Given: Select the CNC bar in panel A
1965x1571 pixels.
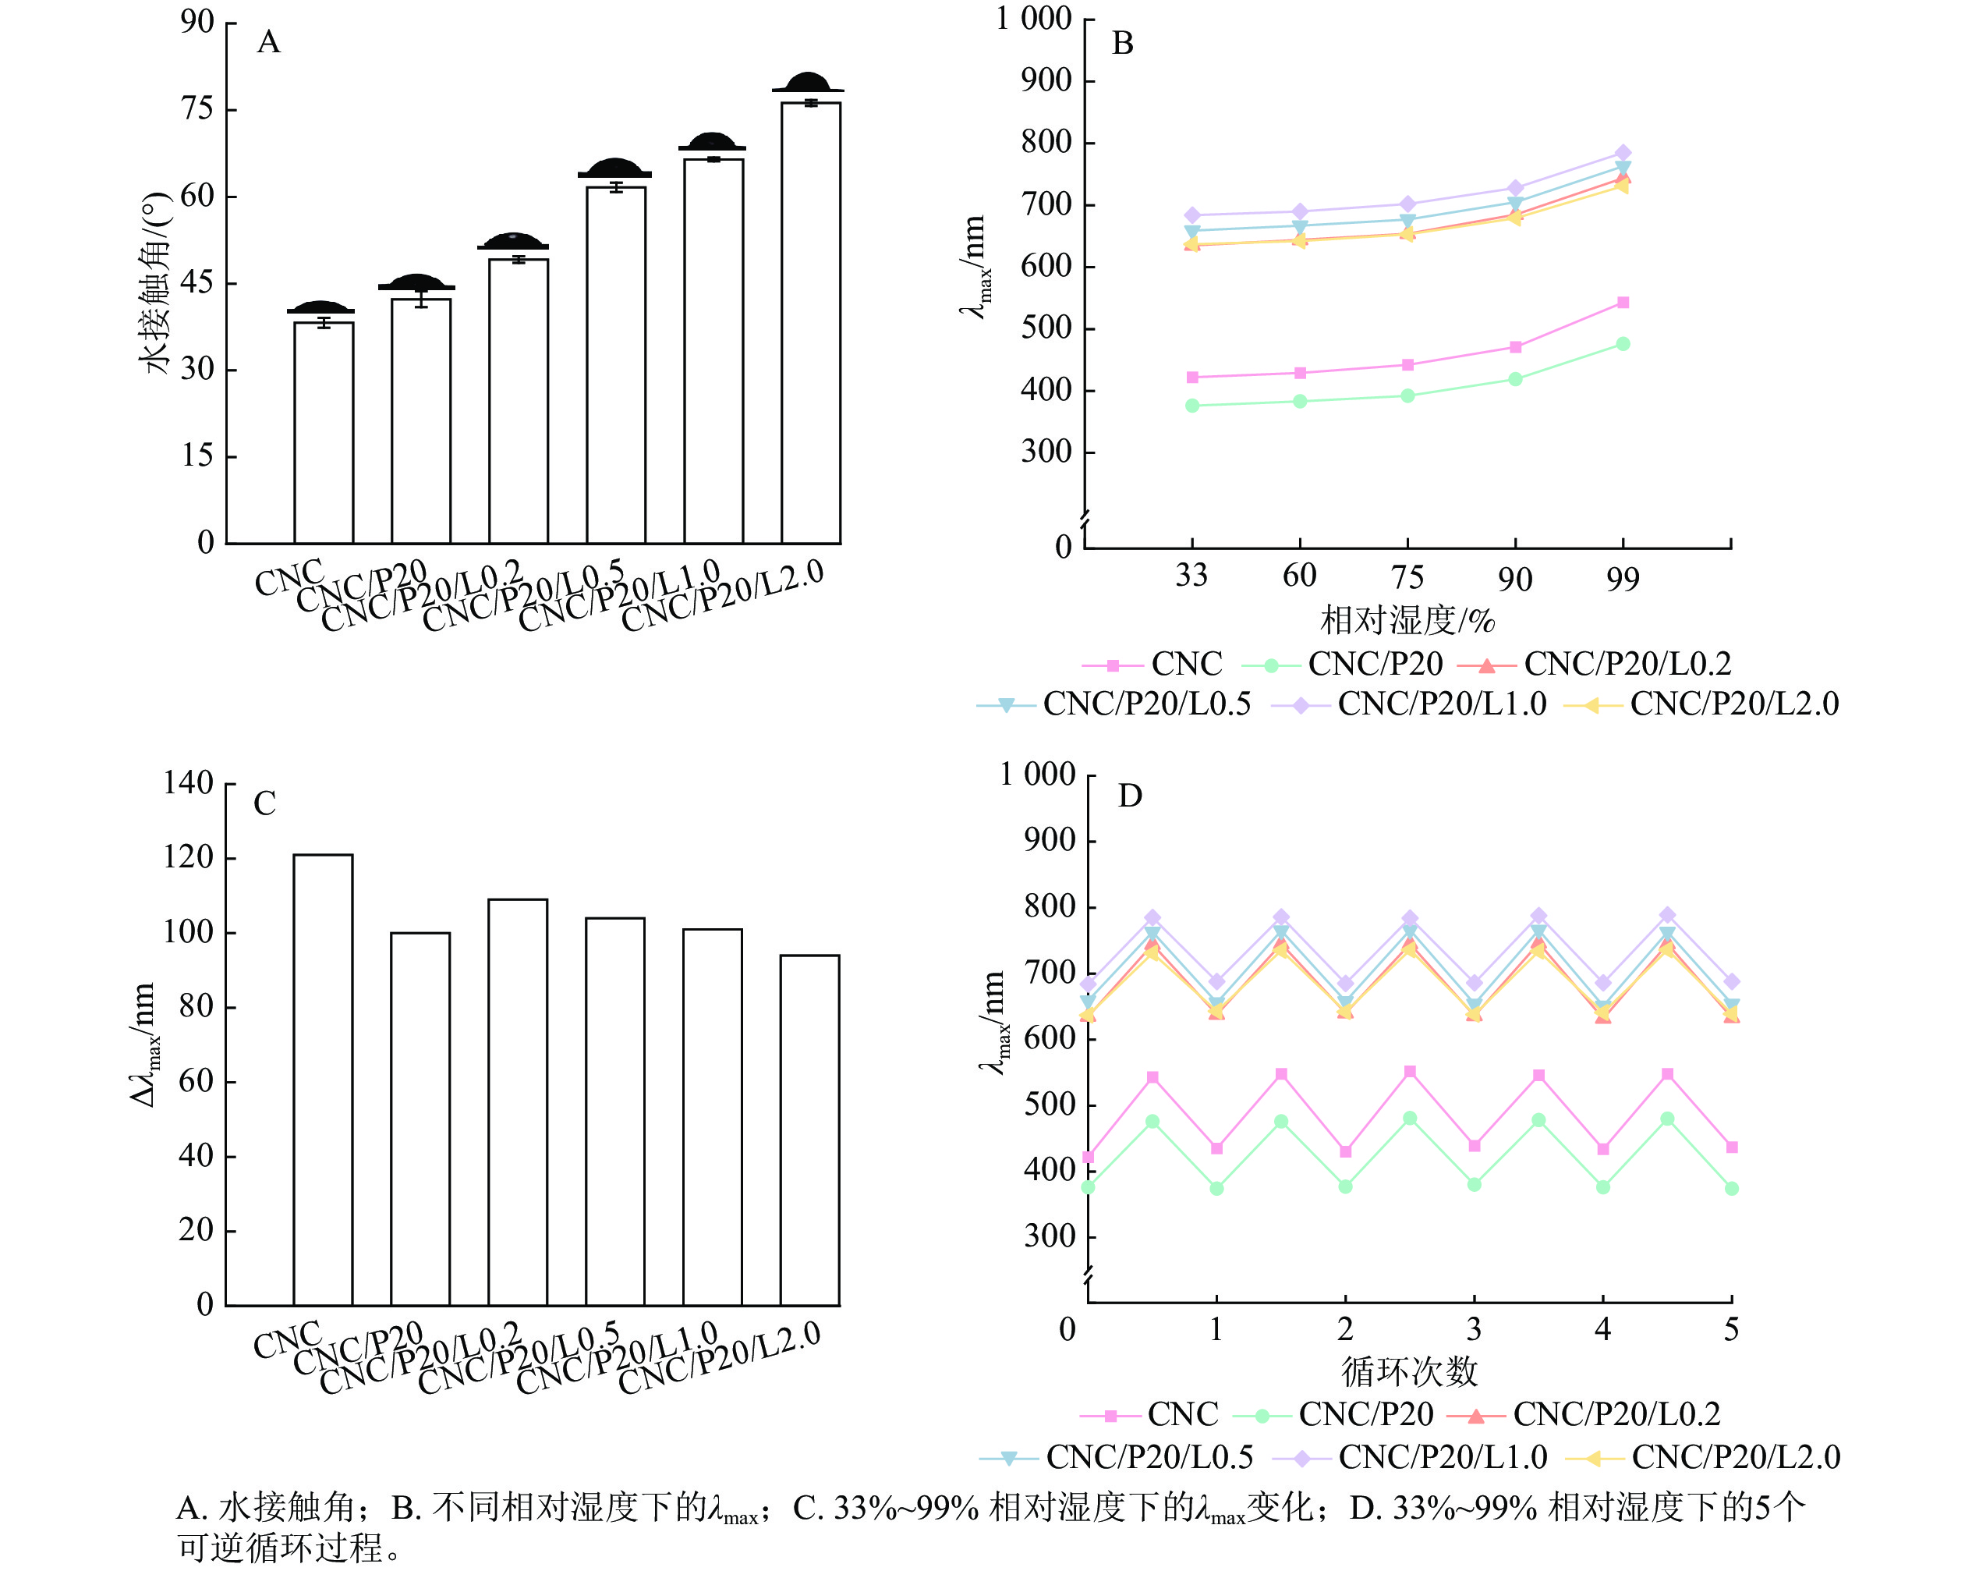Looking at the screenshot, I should [324, 432].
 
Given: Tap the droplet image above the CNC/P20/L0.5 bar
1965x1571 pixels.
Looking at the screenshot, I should [615, 168].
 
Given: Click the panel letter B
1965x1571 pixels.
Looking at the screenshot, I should [1122, 43].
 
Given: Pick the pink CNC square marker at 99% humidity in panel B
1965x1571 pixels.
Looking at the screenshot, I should [1623, 303].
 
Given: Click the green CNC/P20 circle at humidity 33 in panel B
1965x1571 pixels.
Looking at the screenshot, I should [1192, 406].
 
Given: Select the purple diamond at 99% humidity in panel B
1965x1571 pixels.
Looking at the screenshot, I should [1623, 153].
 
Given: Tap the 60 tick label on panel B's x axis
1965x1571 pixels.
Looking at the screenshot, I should [1299, 576].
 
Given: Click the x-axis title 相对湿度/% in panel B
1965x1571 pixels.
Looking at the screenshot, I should [1407, 621].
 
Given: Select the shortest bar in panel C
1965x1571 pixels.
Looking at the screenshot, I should [809, 1129].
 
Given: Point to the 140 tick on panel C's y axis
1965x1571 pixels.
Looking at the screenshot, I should [188, 783].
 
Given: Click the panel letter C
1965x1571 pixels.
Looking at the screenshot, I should [264, 804].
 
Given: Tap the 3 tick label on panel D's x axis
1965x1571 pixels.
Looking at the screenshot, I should [1474, 1329].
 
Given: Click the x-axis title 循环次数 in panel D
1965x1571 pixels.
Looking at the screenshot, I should [1408, 1371].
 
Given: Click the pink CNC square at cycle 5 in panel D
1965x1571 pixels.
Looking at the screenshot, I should [1732, 1147].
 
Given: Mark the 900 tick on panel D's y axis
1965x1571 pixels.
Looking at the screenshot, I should [1052, 841].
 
